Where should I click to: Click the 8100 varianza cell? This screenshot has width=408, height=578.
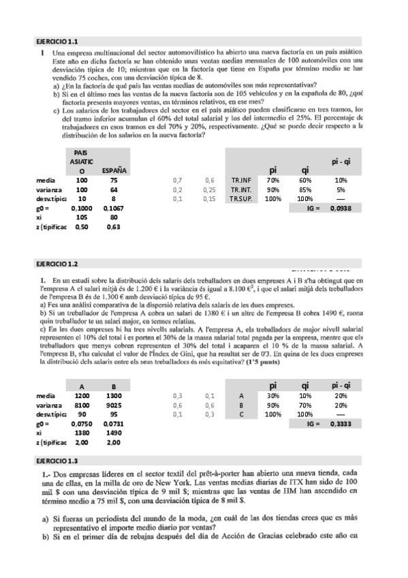(x=82, y=404)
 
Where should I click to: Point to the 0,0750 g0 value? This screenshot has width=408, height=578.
(x=82, y=423)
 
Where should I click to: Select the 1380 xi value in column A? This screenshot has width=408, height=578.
(x=82, y=433)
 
